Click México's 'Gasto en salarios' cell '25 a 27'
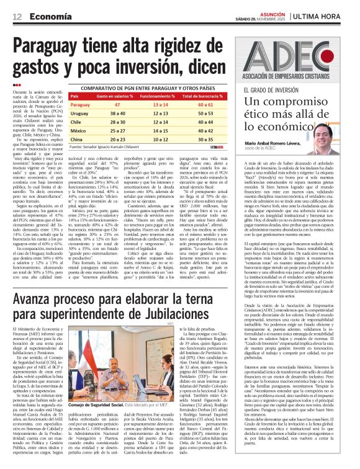coord(115,131)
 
